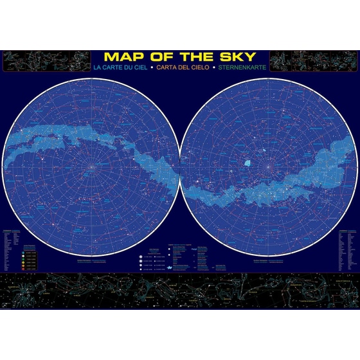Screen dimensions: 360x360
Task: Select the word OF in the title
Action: point(157,57)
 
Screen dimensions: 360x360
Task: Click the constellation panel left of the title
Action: point(45,61)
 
